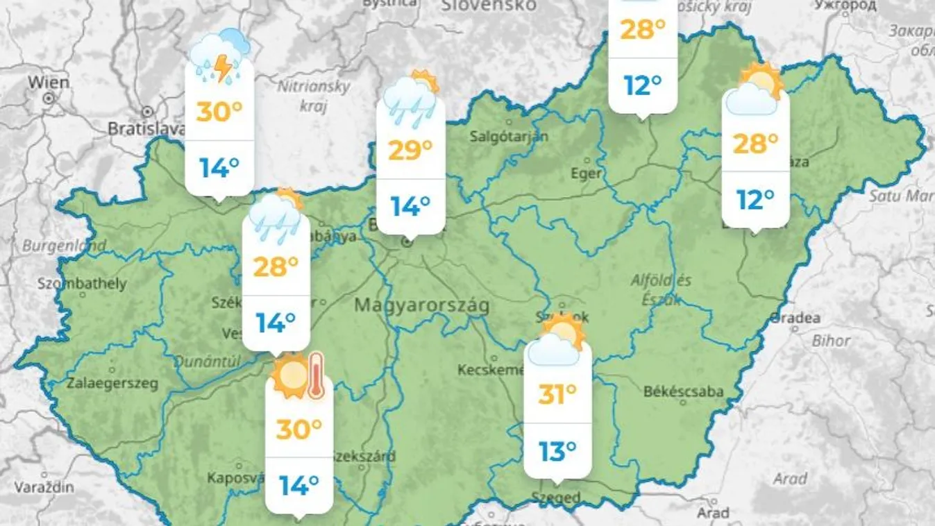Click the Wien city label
(49, 82)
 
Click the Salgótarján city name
(509, 136)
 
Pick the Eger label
(587, 173)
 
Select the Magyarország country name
(421, 305)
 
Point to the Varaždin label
(44, 487)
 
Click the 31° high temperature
(557, 395)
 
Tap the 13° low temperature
(557, 452)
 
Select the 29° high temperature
(410, 150)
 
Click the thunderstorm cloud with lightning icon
(219, 58)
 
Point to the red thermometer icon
(316, 375)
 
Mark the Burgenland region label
(64, 246)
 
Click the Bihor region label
(831, 341)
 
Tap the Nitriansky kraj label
(314, 96)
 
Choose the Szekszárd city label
(364, 456)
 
